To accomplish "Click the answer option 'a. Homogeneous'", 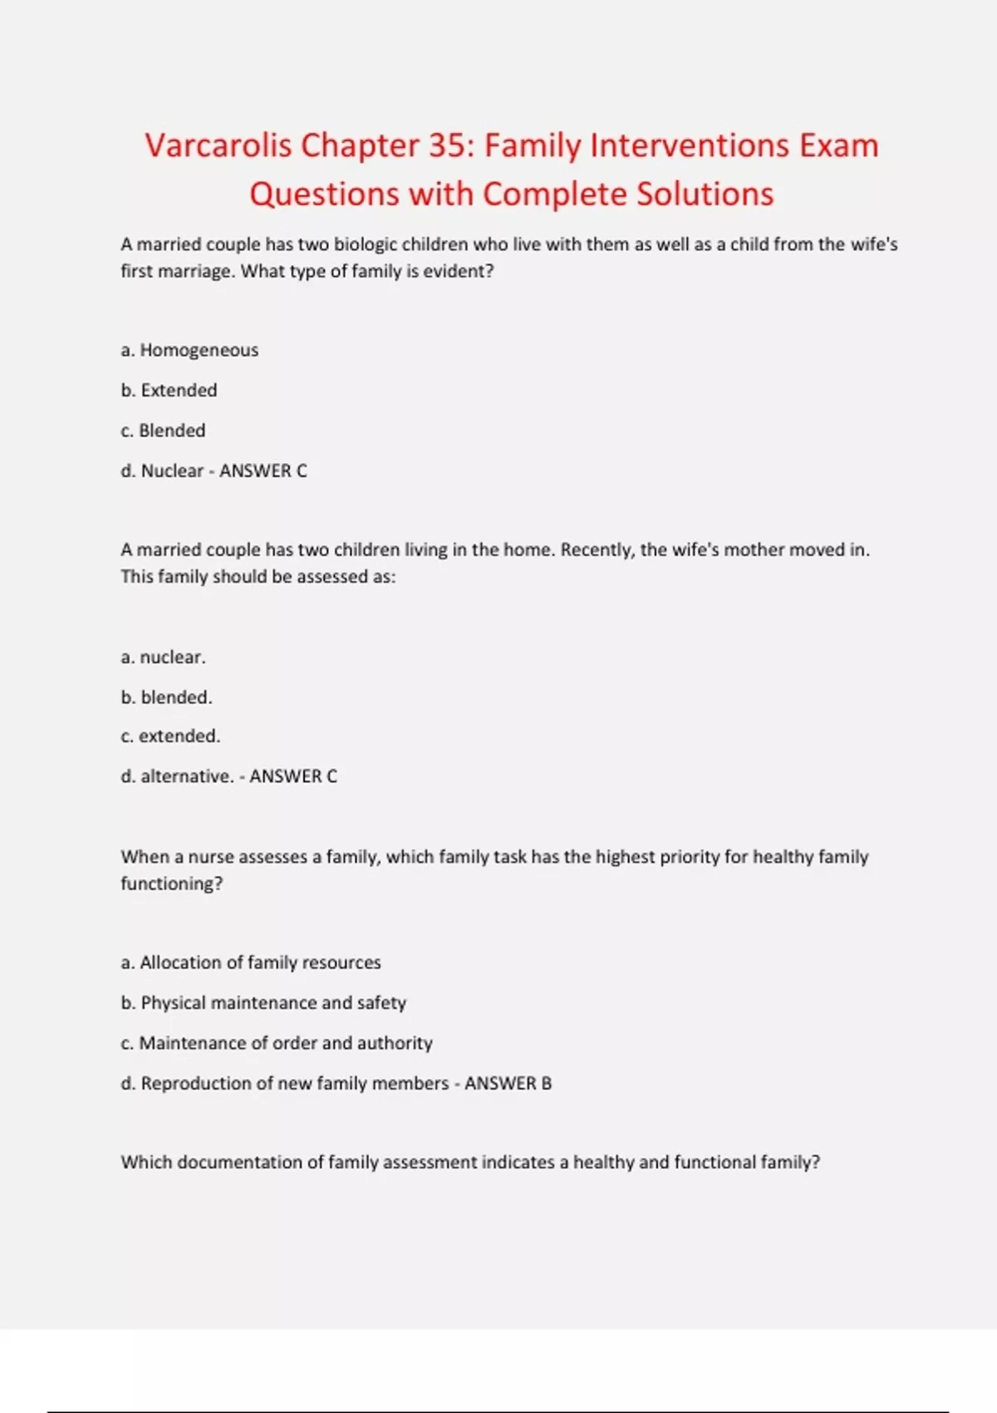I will coord(189,350).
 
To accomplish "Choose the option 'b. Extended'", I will coord(169,390).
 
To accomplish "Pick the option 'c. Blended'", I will coord(163,431).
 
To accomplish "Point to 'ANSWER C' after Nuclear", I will coord(263,470).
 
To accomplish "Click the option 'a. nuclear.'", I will coord(163,657).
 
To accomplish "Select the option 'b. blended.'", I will coord(166,697).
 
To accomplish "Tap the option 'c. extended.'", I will coord(170,736).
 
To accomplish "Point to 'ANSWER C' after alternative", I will coord(293,775).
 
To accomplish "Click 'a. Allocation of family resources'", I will coord(251,963).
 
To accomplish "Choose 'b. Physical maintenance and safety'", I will coord(263,1002).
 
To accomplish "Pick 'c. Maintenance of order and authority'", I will coord(277,1042).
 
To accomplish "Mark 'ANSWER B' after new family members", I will coord(508,1083).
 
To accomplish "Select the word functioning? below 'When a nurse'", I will coord(172,884).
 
